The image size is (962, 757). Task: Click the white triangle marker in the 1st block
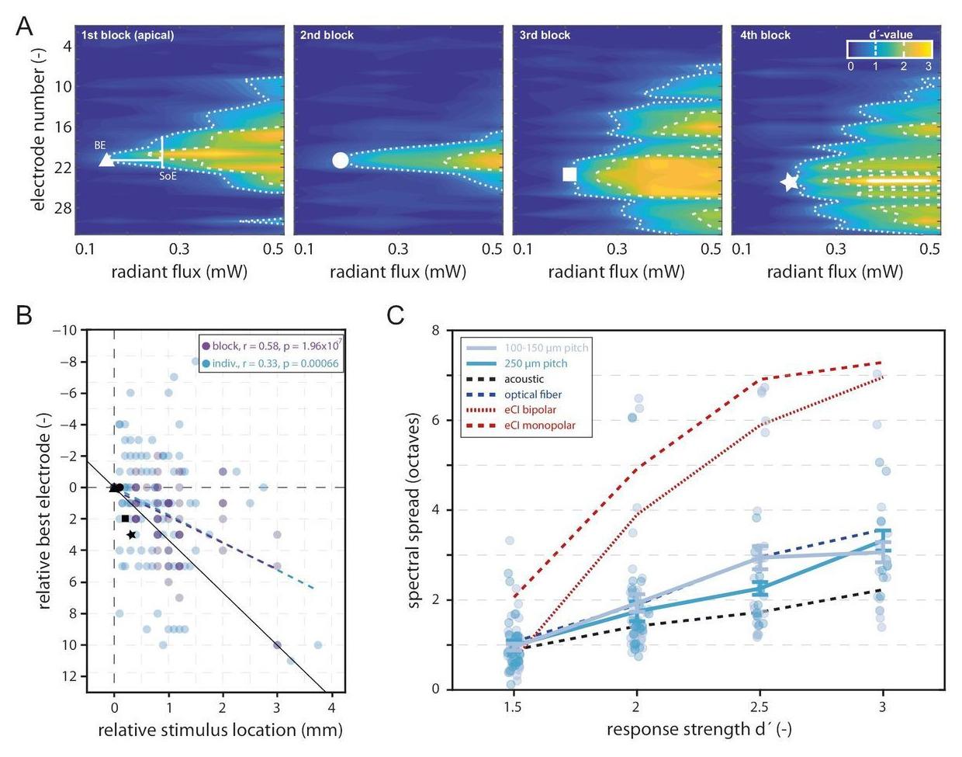click(106, 161)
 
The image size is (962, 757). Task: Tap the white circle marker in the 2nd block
click(340, 161)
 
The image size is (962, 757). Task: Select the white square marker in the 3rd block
click(569, 174)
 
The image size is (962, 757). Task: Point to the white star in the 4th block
click(789, 182)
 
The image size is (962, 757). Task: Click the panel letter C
click(396, 314)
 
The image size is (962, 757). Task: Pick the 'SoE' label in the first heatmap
click(167, 175)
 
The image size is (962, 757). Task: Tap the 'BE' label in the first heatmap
click(100, 145)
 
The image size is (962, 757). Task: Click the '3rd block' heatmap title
click(545, 35)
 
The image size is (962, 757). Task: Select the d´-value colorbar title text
click(889, 35)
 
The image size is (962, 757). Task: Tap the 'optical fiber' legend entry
click(532, 394)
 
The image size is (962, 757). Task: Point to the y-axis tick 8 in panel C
click(435, 331)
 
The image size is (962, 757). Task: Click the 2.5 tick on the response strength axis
click(760, 707)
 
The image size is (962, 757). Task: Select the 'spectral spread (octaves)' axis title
click(414, 509)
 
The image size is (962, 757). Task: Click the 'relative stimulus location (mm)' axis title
click(220, 730)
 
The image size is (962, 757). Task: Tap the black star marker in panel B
click(132, 535)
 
